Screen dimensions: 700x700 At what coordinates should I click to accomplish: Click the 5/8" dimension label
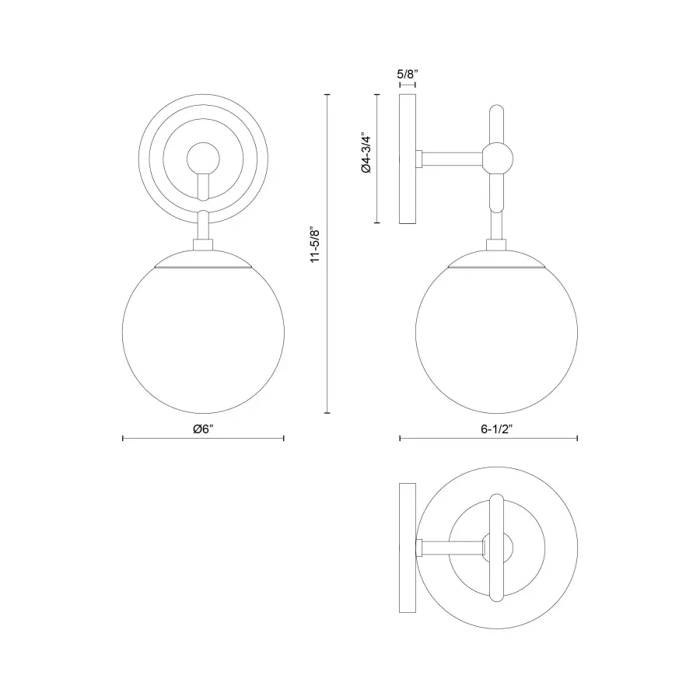408,74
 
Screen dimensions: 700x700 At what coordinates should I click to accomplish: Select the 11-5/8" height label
314,245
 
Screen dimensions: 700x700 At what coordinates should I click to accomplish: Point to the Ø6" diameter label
204,429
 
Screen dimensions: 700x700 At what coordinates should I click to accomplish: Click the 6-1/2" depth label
488,429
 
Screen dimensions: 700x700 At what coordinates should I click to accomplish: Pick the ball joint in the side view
496,159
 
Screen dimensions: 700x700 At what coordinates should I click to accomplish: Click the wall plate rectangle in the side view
408,159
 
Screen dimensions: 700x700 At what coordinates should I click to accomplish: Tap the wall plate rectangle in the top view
408,548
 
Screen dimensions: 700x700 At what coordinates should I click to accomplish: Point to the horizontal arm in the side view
451,159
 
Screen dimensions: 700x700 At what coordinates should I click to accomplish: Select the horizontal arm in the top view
451,548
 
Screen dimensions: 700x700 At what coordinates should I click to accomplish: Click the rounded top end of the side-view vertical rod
496,111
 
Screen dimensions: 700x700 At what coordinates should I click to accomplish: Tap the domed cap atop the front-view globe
204,258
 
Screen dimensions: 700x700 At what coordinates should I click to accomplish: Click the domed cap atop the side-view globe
496,258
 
